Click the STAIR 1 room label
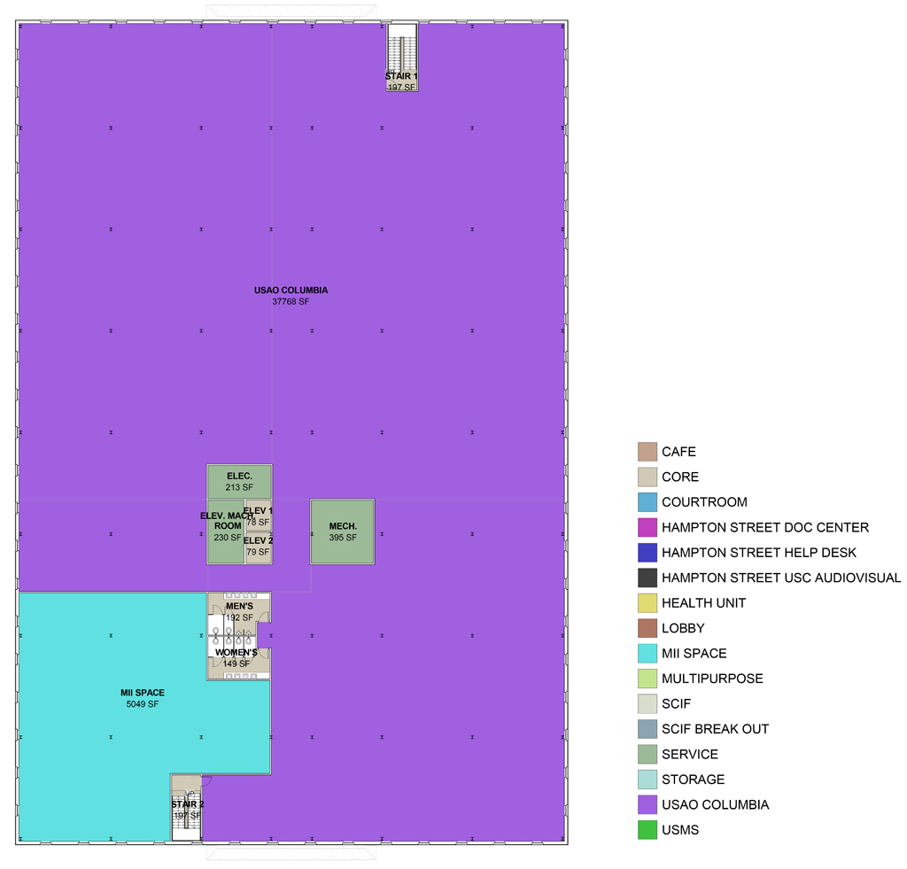click(x=401, y=76)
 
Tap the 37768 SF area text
click(x=291, y=302)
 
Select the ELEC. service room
click(x=239, y=481)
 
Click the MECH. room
click(x=342, y=531)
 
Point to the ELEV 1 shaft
click(x=258, y=516)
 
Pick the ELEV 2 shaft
click(x=258, y=547)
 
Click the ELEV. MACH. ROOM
click(x=224, y=531)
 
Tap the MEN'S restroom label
click(x=239, y=606)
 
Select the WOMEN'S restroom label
click(x=236, y=653)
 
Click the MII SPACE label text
click(x=143, y=693)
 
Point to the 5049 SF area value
click(x=143, y=705)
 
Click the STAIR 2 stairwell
click(x=188, y=808)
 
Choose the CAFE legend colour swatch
click(x=647, y=452)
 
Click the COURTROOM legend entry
click(x=704, y=502)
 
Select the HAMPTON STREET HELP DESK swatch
click(x=647, y=553)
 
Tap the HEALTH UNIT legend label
click(x=703, y=603)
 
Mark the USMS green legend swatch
click(x=647, y=830)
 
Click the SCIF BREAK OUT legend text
click(x=715, y=729)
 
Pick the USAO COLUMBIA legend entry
click(x=715, y=805)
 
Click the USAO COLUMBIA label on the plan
click(x=291, y=290)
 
